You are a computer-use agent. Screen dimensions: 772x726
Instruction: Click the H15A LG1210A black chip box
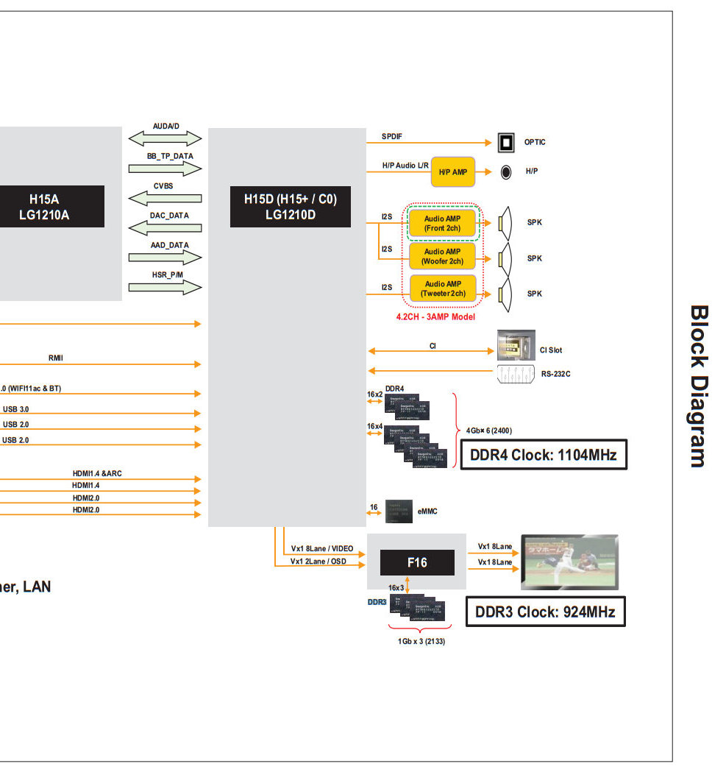tap(51, 207)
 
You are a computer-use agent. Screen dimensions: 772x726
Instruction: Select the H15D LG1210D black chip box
tap(290, 207)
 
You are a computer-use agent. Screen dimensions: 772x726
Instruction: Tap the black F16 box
tap(417, 562)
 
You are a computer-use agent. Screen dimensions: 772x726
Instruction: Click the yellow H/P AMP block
tap(453, 171)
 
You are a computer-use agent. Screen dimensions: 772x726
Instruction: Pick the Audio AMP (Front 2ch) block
tap(443, 223)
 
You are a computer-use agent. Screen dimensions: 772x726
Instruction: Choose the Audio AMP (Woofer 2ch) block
tap(443, 257)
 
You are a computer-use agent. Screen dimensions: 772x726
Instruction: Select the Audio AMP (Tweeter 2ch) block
tap(443, 288)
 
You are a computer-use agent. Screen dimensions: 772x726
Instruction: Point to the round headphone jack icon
tap(507, 172)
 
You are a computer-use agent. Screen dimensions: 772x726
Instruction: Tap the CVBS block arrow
tap(165, 198)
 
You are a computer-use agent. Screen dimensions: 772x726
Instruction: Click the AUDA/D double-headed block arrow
tap(165, 138)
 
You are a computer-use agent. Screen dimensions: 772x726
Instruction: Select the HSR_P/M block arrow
tap(165, 287)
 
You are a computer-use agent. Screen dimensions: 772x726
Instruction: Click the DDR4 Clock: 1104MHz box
tap(544, 456)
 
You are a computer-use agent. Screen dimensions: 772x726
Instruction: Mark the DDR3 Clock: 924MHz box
tap(546, 612)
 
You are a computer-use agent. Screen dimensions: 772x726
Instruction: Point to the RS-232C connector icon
tap(516, 373)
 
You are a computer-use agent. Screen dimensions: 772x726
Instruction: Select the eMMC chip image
tap(398, 509)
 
